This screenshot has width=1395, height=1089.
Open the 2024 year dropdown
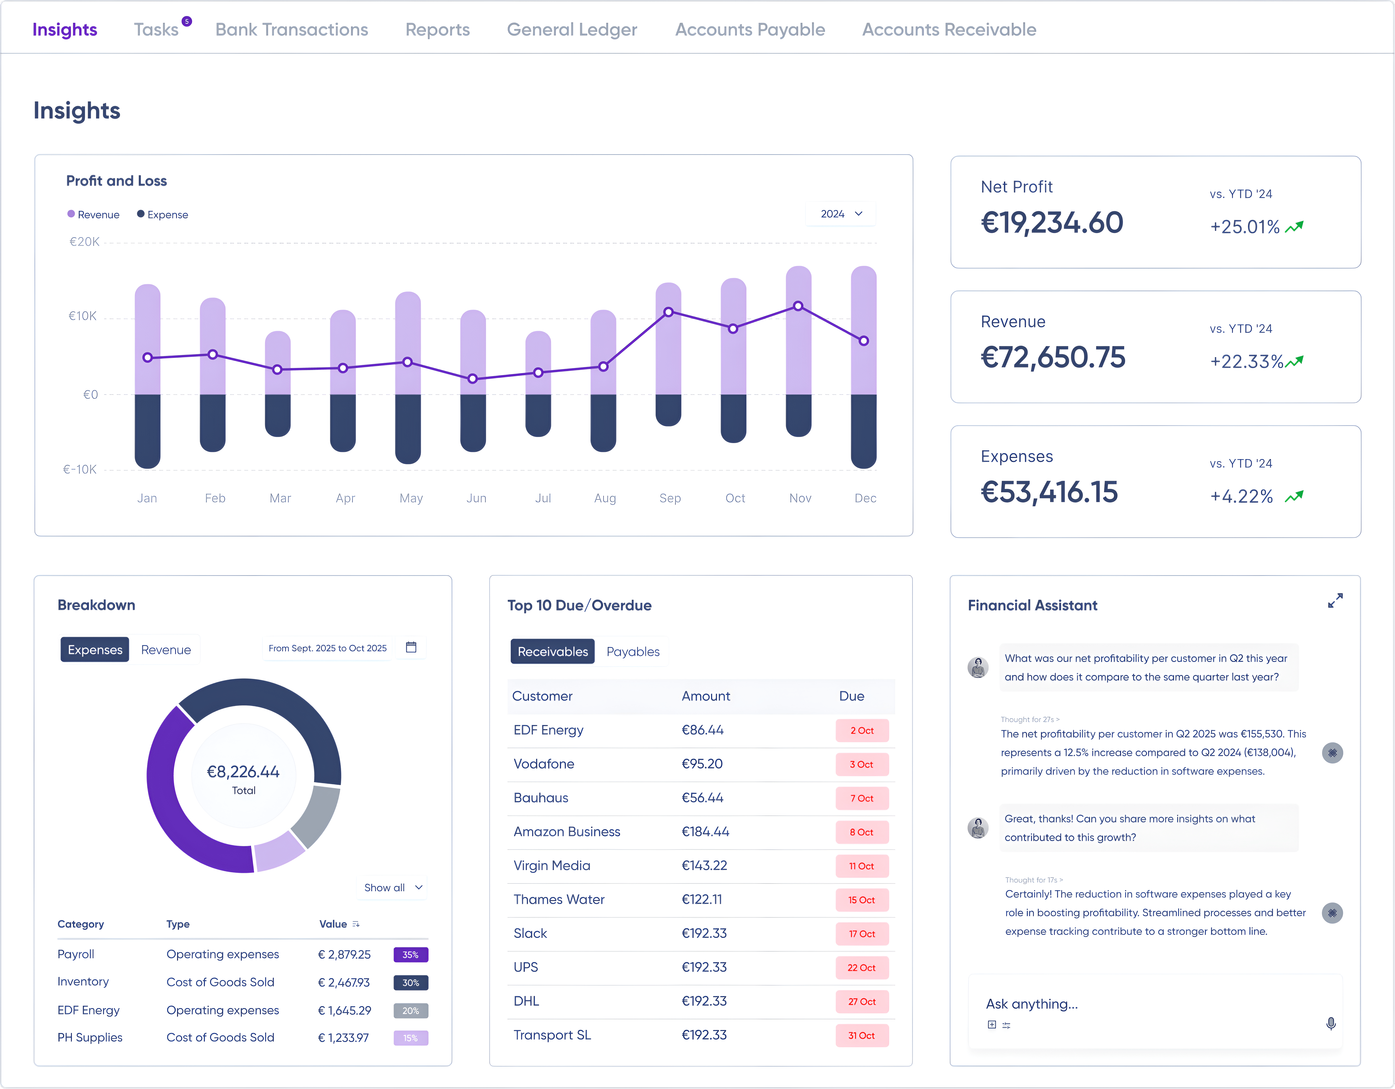pos(841,214)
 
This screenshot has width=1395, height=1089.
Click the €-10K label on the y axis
pos(80,469)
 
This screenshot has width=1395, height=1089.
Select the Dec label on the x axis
pos(865,498)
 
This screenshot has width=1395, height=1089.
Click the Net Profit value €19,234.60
pos(1051,223)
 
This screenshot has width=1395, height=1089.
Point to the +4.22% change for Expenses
pos(1241,496)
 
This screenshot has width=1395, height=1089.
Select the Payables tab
pos(632,651)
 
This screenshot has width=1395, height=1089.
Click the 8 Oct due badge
pos(861,832)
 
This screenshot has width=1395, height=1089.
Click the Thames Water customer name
pos(559,899)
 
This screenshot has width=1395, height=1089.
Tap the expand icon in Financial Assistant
pos(1335,600)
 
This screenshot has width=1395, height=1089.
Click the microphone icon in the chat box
pos(1331,1023)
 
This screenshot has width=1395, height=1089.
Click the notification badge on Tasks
pos(187,21)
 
